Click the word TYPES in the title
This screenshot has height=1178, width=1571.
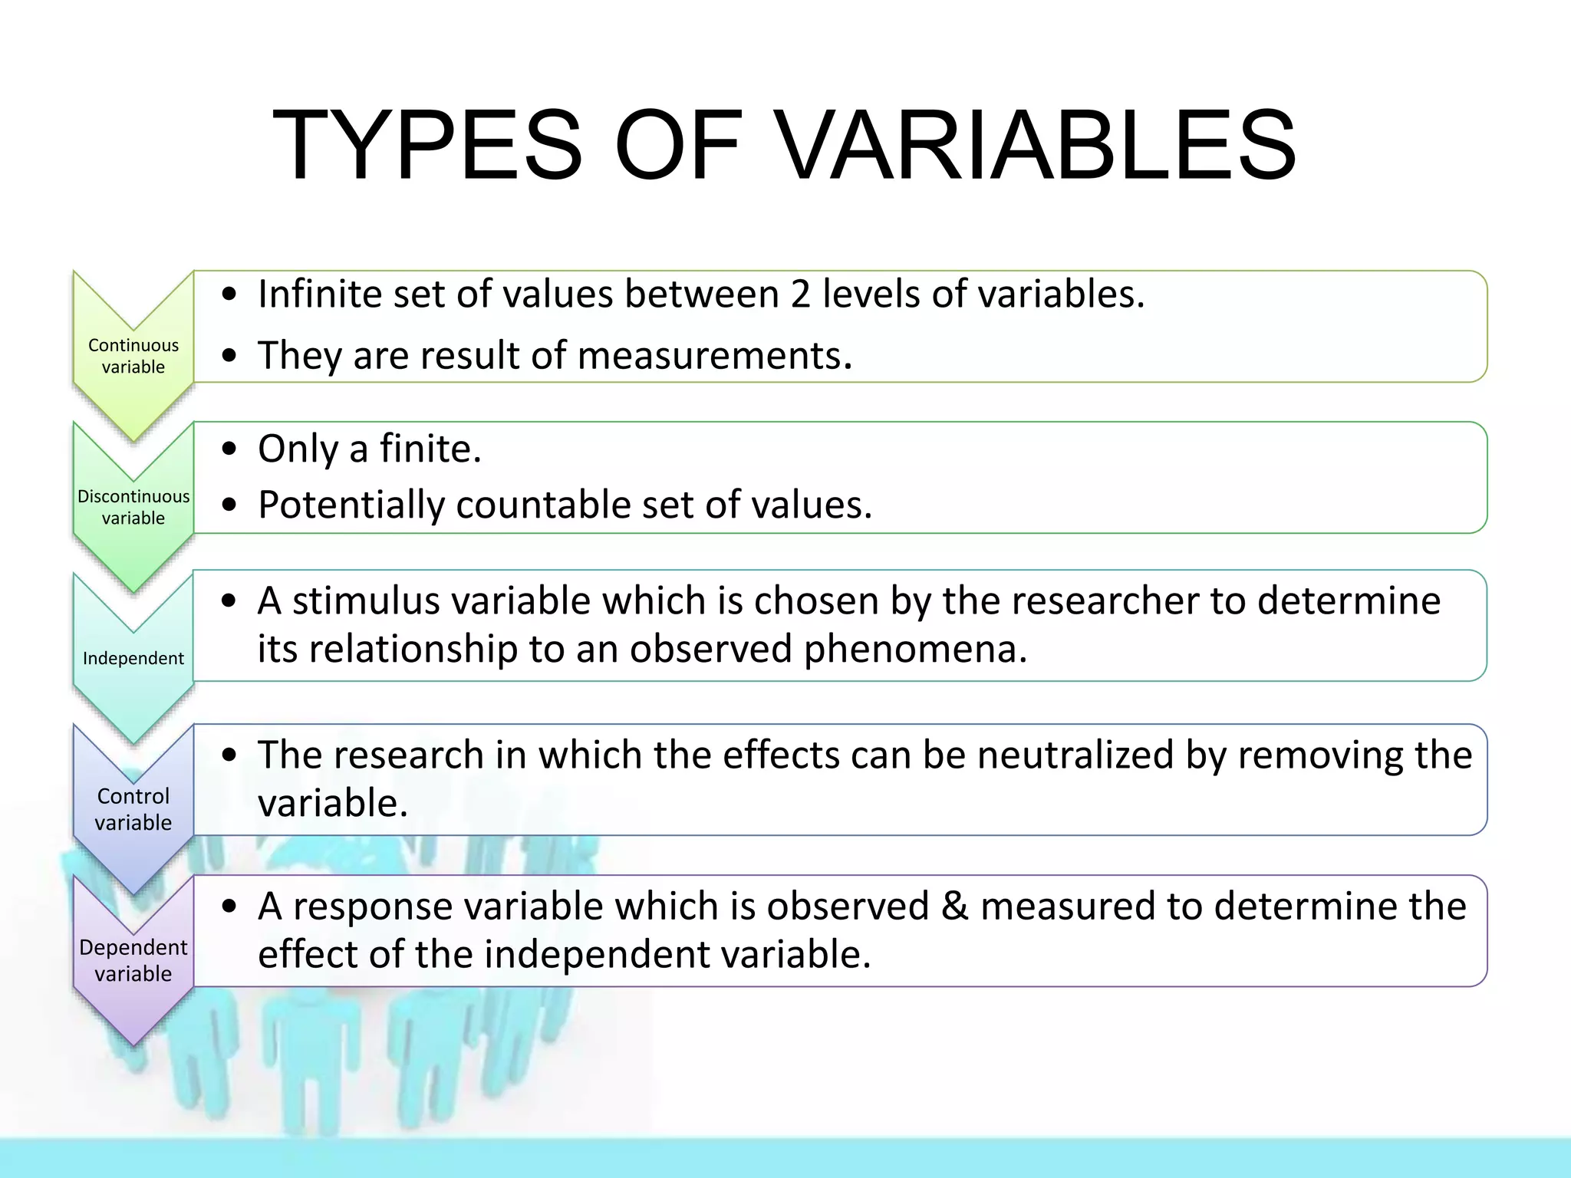(427, 146)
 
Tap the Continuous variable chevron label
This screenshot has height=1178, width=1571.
(133, 356)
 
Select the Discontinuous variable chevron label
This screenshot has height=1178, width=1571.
(133, 507)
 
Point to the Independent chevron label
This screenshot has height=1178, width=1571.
(133, 658)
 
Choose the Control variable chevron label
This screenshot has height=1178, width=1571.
(133, 809)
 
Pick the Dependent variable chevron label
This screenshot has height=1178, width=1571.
(133, 960)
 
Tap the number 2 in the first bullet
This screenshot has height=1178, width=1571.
(800, 294)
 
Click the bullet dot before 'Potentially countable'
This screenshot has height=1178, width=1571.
(229, 505)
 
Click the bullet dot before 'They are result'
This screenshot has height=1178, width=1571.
(229, 356)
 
